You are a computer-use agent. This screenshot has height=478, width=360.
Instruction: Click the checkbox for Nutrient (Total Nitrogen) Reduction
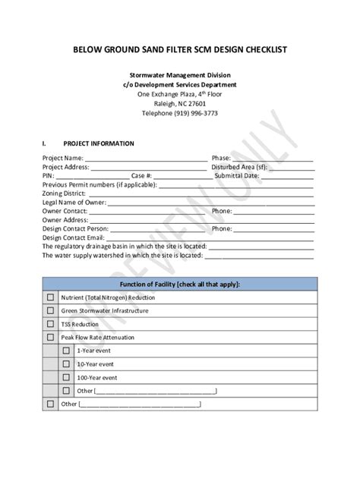51,297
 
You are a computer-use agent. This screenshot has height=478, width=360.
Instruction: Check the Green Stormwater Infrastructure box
51,310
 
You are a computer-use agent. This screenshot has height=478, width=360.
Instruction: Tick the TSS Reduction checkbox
51,324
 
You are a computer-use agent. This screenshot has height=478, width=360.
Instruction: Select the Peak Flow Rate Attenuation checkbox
51,337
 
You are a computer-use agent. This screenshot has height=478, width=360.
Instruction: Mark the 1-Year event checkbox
67,351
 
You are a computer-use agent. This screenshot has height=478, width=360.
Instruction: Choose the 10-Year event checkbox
67,364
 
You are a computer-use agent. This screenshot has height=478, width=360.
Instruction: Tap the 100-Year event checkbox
67,377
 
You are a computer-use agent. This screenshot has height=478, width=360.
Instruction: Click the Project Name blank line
144,158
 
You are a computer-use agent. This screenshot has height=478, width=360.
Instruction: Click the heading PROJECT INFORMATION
99,143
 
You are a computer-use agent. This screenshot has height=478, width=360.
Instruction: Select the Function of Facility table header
180,283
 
